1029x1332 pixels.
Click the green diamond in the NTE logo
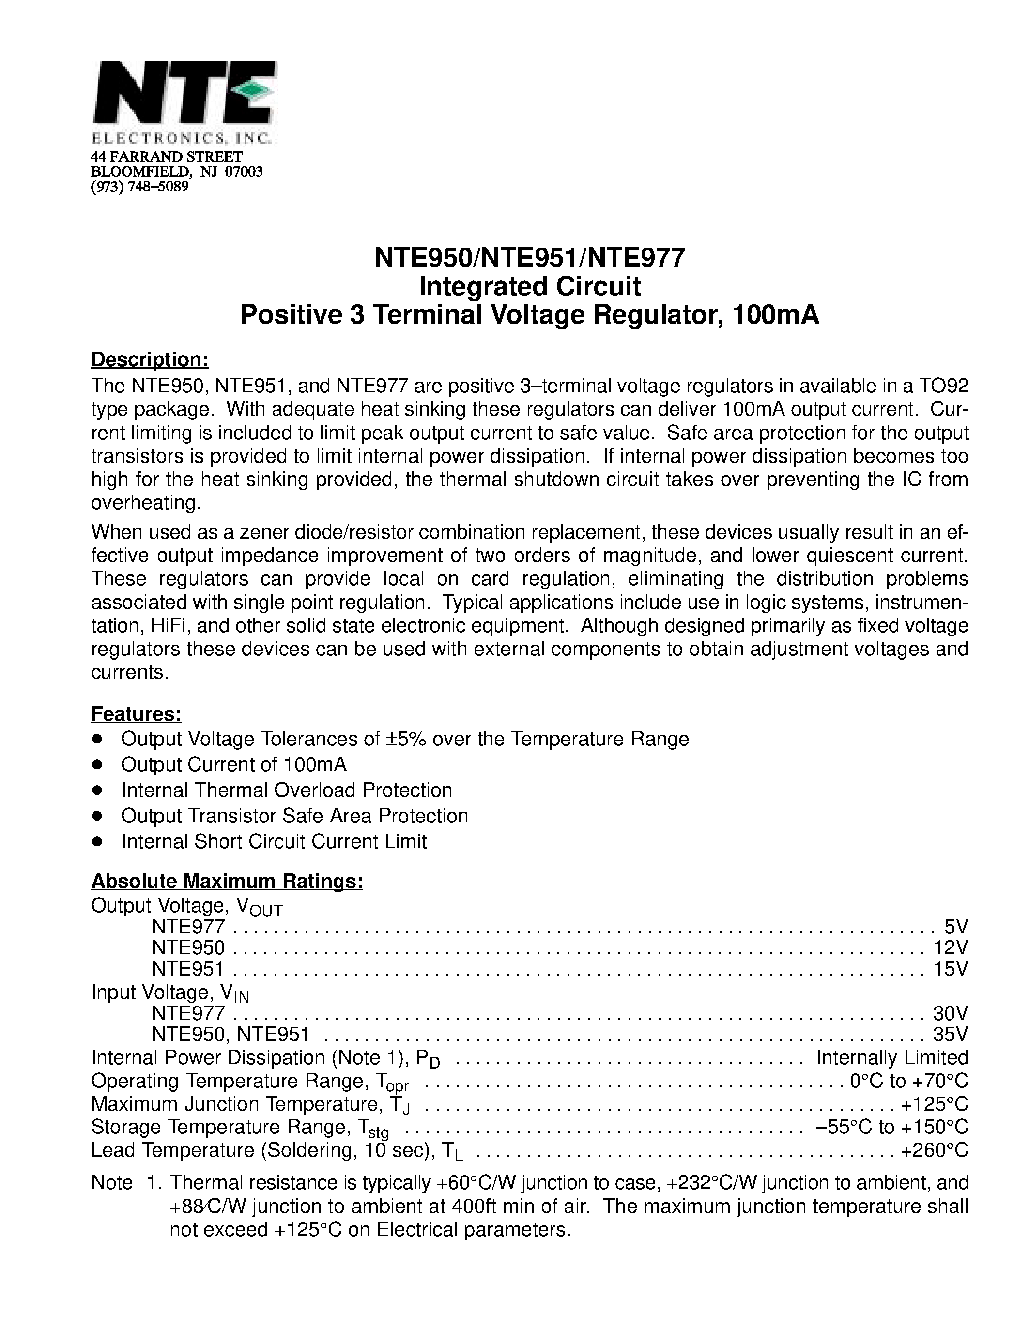point(252,91)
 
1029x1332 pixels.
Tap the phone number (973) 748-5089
point(139,186)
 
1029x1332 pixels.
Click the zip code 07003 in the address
point(244,171)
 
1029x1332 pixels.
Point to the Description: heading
point(150,360)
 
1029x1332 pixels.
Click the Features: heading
point(137,713)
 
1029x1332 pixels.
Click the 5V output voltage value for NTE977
point(955,928)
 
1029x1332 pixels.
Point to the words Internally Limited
point(892,1057)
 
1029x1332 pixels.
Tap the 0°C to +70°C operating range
point(908,1081)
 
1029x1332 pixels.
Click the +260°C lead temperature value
point(935,1150)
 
